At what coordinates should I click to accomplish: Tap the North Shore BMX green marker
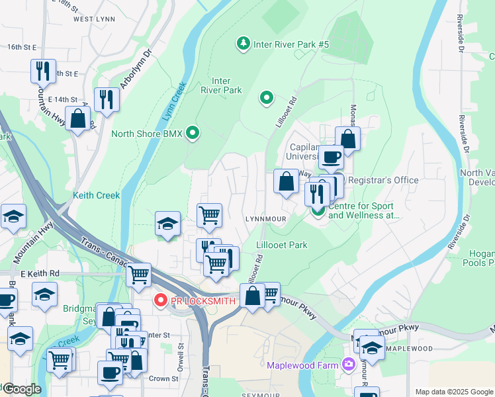[193, 134]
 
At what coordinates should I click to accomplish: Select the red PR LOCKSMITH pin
[159, 300]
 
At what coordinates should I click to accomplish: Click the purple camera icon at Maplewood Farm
[348, 365]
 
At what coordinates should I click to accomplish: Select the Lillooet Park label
[281, 245]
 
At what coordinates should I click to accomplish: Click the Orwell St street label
[179, 357]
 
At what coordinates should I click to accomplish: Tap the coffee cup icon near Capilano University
[331, 157]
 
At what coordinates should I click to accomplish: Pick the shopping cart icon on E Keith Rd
[138, 275]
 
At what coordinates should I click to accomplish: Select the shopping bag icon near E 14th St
[78, 119]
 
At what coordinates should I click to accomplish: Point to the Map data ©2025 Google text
[453, 392]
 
